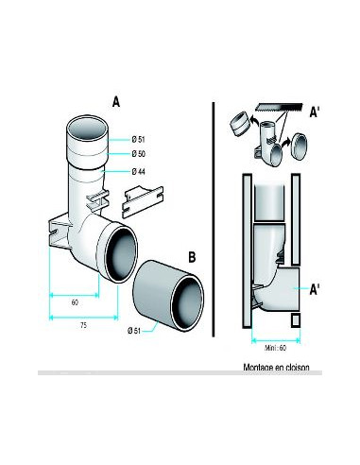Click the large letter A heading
(x=116, y=102)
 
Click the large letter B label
(x=192, y=257)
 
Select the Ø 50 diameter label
(x=139, y=154)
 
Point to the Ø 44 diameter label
(x=139, y=172)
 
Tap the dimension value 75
(x=83, y=325)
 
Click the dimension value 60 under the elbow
(x=75, y=302)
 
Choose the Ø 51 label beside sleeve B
(x=134, y=331)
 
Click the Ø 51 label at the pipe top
(x=139, y=139)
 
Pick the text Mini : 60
(x=276, y=348)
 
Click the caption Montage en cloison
(x=276, y=368)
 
